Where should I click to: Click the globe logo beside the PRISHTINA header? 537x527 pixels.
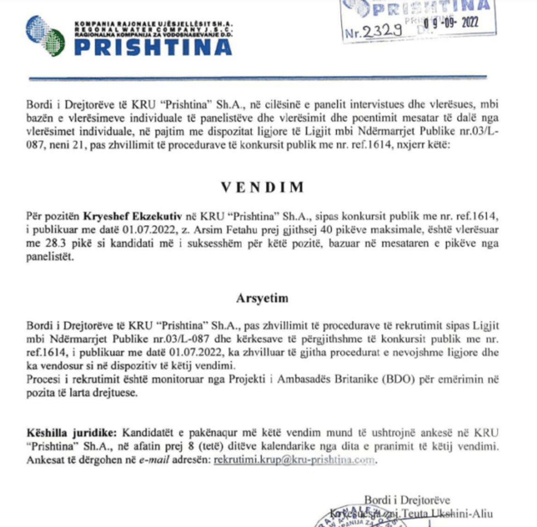[x=45, y=35]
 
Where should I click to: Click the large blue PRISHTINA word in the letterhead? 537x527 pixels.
[x=153, y=47]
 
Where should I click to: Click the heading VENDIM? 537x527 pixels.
[x=262, y=188]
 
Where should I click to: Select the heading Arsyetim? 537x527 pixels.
[x=262, y=299]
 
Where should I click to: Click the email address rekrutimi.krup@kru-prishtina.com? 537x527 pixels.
[x=295, y=461]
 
